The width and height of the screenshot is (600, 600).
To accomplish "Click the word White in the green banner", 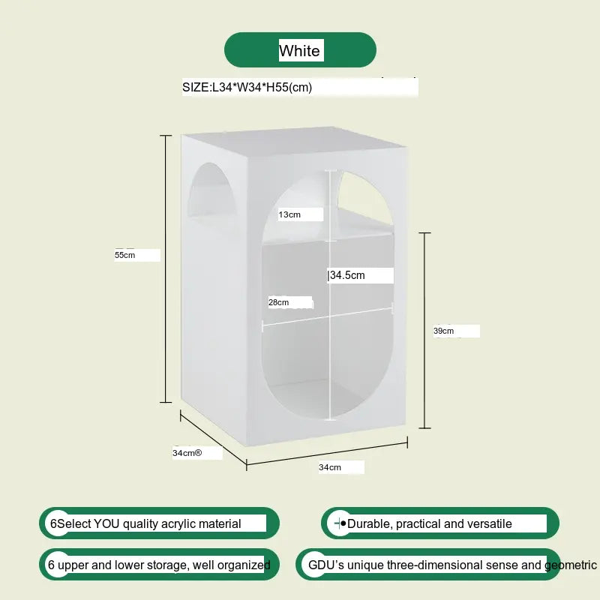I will tap(300, 51).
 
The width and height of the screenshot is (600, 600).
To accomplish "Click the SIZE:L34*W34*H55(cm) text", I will tap(247, 88).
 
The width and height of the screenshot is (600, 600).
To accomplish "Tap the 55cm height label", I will tap(125, 255).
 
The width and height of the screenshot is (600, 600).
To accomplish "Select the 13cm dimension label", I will tap(289, 214).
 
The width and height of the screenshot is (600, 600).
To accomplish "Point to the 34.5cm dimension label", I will tap(348, 275).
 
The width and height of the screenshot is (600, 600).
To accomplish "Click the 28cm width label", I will tap(279, 302).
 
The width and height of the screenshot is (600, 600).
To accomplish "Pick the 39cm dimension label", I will tap(444, 331).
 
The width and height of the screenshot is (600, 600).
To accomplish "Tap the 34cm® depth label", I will tap(187, 453).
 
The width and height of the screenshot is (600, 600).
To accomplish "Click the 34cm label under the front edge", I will tap(330, 467).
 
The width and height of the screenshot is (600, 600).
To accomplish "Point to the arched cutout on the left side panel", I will tap(208, 191).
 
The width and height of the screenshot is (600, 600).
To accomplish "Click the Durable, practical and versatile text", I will tap(430, 523).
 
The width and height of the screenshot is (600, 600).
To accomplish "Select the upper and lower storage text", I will tap(159, 565).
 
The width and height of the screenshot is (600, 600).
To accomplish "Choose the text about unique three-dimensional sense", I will tap(450, 565).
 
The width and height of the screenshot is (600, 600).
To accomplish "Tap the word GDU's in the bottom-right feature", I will tap(324, 565).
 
